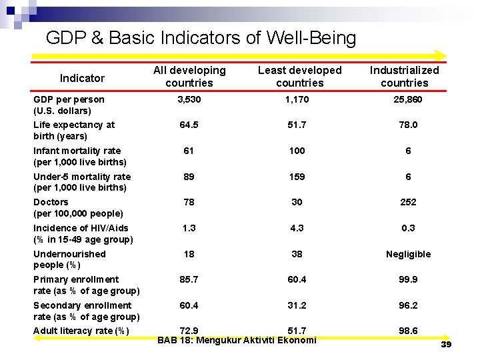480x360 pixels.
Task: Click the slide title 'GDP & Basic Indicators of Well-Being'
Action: point(201,37)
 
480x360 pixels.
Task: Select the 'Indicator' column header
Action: point(82,78)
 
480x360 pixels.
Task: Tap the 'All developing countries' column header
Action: point(189,76)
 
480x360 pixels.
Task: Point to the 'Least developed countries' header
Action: point(299,76)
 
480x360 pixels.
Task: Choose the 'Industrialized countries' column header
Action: point(404,76)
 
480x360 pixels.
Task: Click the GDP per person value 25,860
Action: point(408,99)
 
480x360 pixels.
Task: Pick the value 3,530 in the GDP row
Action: point(189,99)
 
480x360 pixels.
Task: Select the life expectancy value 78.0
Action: point(408,125)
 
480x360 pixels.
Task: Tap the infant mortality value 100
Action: point(297,151)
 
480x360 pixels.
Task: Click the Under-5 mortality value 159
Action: point(297,177)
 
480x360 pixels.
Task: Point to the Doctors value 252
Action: point(408,202)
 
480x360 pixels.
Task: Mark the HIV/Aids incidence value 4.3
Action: point(297,228)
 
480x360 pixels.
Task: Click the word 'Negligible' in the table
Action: point(408,254)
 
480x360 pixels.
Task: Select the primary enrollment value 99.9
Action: point(408,279)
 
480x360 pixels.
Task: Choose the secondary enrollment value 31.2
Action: point(297,305)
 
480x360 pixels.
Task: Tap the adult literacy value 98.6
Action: point(408,331)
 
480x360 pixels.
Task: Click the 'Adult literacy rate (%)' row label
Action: point(81,331)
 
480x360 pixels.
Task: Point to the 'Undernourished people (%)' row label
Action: point(69,259)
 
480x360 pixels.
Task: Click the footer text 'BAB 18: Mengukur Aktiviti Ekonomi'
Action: point(237,341)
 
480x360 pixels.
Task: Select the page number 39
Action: point(446,344)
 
